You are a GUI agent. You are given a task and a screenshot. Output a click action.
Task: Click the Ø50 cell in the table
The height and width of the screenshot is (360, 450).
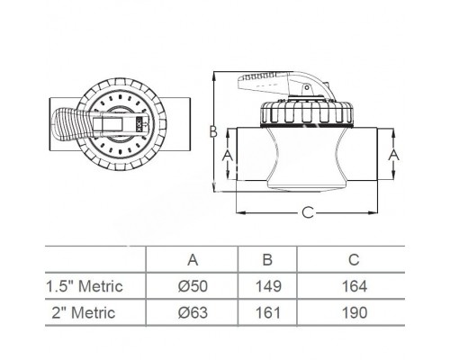pyautogui.click(x=193, y=286)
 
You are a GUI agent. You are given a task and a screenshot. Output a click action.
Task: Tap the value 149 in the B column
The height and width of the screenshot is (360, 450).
pyautogui.click(x=267, y=286)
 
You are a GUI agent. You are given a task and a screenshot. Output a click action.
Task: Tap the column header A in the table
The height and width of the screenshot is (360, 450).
pyautogui.click(x=193, y=260)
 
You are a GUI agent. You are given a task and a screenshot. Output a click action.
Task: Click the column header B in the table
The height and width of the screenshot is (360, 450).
pyautogui.click(x=267, y=260)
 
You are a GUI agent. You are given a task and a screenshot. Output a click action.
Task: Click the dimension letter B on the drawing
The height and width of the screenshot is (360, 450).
pyautogui.click(x=214, y=131)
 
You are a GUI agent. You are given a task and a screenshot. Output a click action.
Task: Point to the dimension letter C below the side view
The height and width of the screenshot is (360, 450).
pyautogui.click(x=308, y=213)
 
